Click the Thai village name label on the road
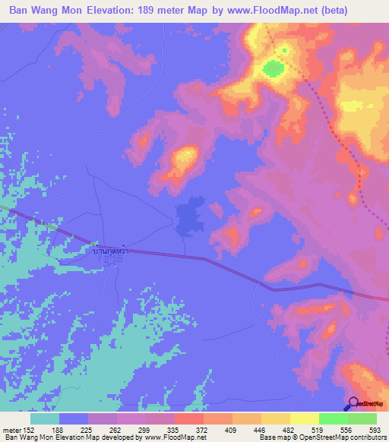tap(109, 250)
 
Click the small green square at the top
tap(285, 51)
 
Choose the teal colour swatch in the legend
tap(45, 418)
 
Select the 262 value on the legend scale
tap(116, 429)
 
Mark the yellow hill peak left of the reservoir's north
tap(185, 157)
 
